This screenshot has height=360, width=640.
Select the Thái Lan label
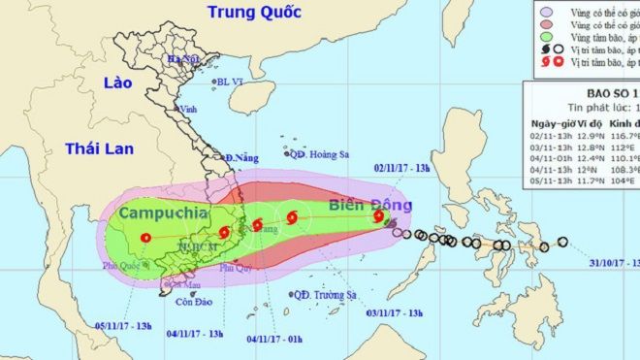click(x=99, y=148)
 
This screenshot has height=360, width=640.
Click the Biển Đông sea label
click(x=371, y=205)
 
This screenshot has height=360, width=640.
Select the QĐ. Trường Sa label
click(x=328, y=295)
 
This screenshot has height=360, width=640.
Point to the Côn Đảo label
click(x=191, y=302)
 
